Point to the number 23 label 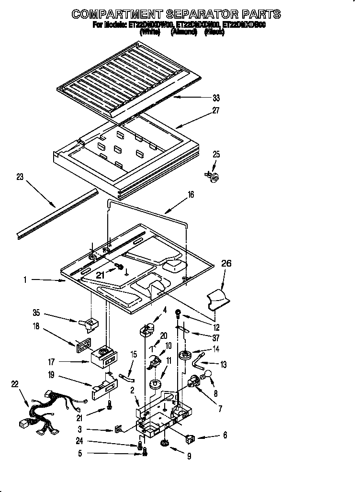pyautogui.click(x=20, y=177)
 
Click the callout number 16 pyautogui.click(x=191, y=194)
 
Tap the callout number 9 pyautogui.click(x=189, y=457)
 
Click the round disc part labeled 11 pyautogui.click(x=155, y=384)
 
